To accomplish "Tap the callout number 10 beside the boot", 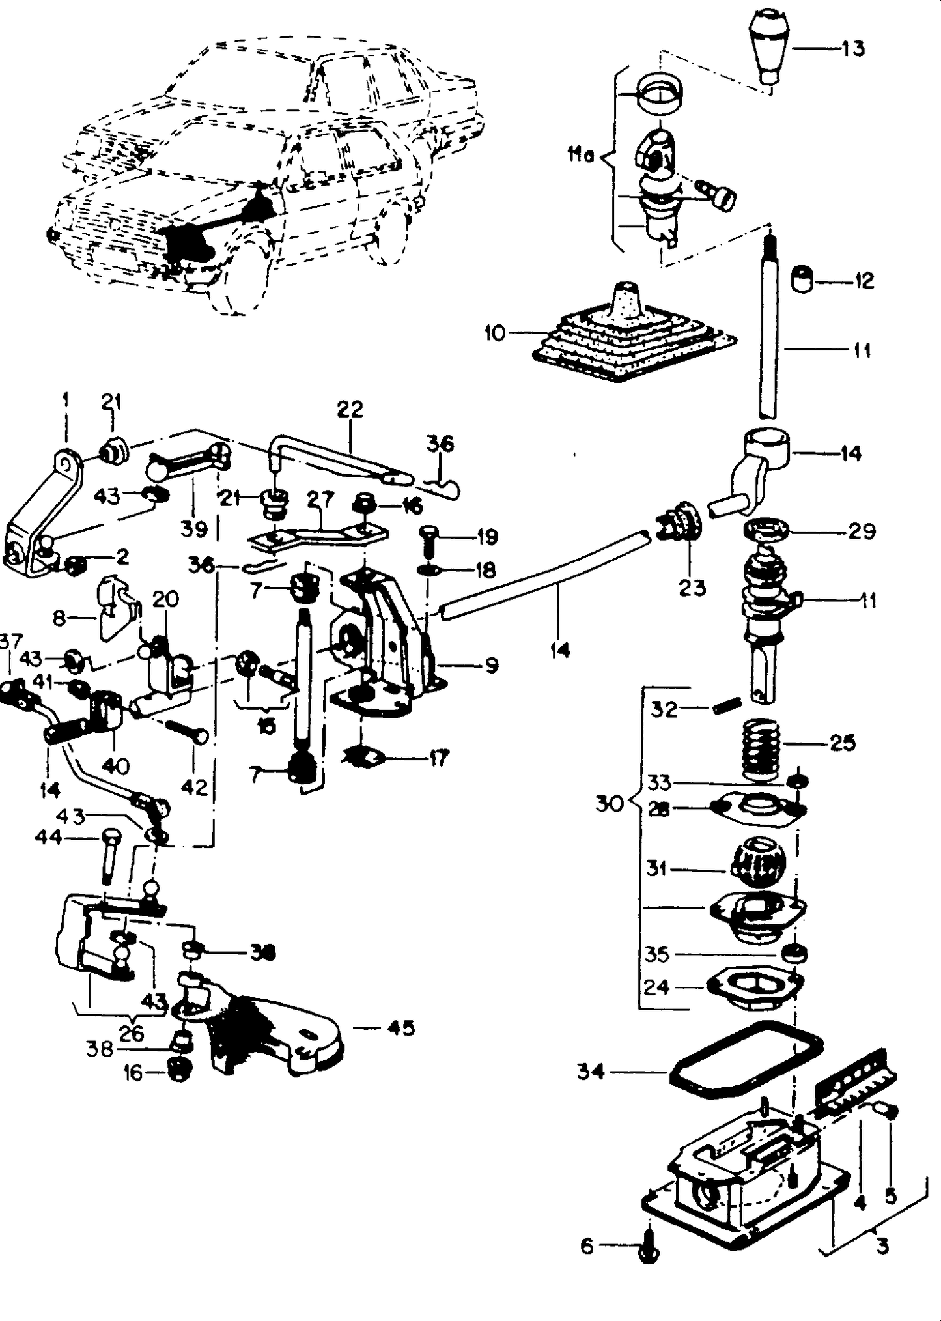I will (x=495, y=334).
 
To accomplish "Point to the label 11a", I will (x=580, y=156).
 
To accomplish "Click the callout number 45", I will (x=400, y=1028).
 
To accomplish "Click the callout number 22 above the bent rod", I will (x=350, y=410).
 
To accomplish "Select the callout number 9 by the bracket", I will (x=492, y=665).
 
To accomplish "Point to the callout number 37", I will (x=9, y=643).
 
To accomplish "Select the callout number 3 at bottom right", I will (x=882, y=1247).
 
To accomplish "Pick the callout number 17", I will (x=438, y=758).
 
